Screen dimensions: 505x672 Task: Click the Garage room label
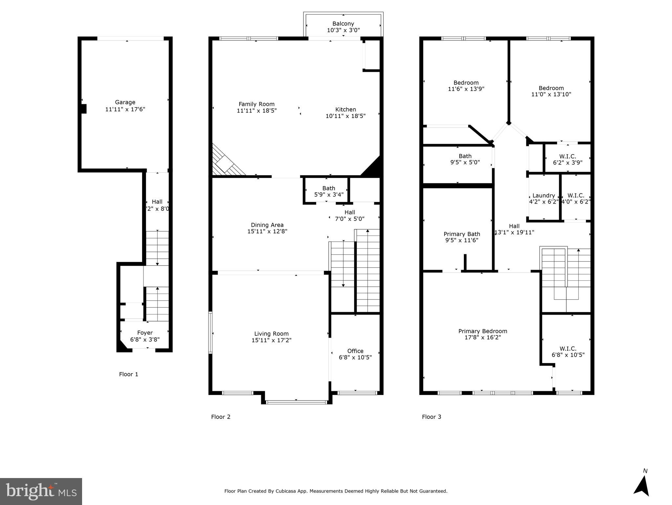(125, 102)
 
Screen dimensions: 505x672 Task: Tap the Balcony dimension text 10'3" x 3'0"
(343, 30)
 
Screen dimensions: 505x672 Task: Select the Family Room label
(256, 104)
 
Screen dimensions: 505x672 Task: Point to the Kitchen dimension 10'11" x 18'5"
(345, 116)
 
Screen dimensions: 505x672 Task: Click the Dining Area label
(267, 225)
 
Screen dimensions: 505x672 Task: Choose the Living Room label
(271, 334)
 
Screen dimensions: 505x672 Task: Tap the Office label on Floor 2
(355, 351)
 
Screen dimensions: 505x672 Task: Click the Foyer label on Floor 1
(145, 333)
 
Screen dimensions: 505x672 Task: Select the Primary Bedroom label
(483, 331)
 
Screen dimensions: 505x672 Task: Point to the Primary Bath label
(462, 234)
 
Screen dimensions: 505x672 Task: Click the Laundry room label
(543, 196)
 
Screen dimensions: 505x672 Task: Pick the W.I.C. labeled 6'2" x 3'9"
(568, 156)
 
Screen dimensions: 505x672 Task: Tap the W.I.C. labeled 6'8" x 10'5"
(568, 349)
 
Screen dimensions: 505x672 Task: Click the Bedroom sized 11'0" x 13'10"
(551, 88)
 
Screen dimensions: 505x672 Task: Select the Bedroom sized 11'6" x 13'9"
(466, 83)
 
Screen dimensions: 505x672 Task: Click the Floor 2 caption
(221, 417)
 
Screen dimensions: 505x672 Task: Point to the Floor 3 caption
(431, 417)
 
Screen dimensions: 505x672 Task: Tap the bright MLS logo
(41, 492)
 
